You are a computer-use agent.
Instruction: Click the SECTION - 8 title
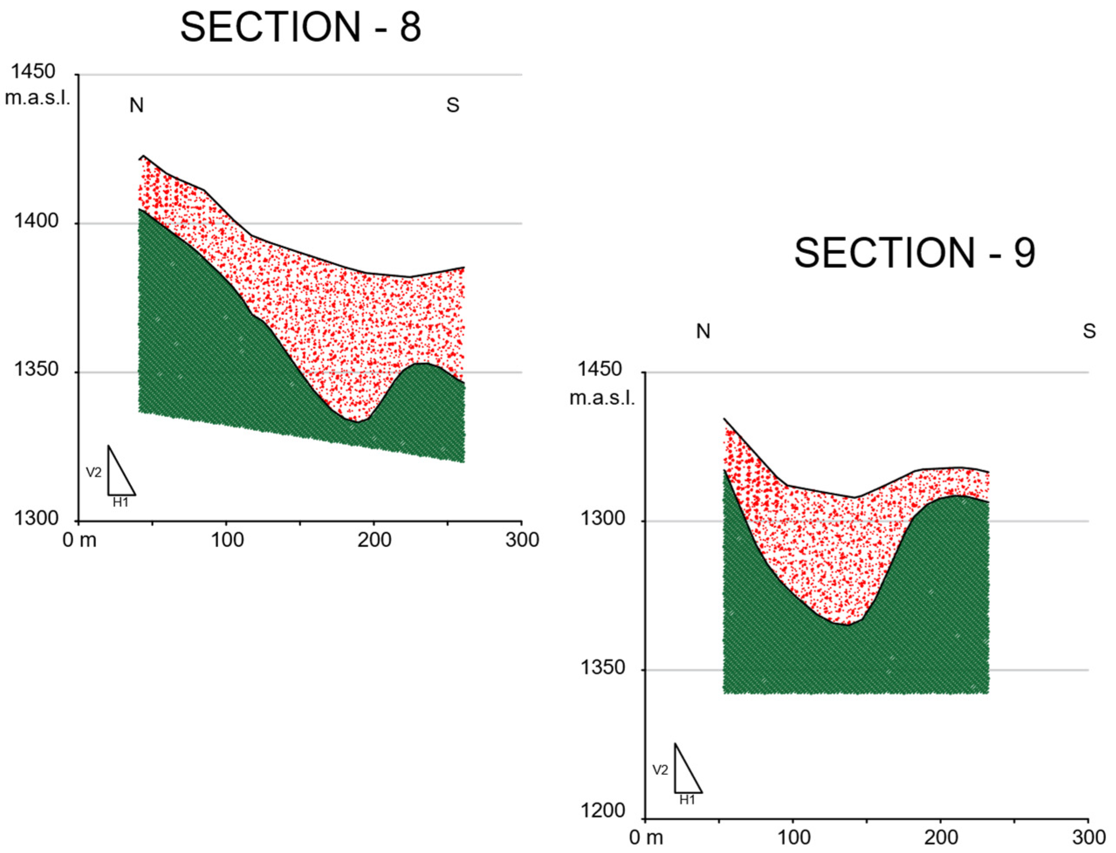click(x=301, y=27)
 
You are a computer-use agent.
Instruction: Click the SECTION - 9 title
click(x=914, y=254)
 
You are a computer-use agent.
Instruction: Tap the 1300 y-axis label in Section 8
click(x=35, y=518)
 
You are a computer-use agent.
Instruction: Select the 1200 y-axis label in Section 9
click(x=603, y=810)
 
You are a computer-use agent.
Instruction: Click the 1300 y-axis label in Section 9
click(x=603, y=519)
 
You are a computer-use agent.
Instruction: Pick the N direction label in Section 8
click(x=137, y=106)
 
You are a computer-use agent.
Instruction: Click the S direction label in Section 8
click(x=452, y=106)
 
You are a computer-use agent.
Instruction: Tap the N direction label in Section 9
click(x=703, y=332)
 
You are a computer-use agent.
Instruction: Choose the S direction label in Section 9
click(x=1089, y=332)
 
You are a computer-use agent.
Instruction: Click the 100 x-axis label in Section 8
click(x=227, y=540)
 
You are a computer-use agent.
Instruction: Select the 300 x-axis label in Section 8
click(x=522, y=540)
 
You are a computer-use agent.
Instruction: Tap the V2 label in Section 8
click(x=93, y=473)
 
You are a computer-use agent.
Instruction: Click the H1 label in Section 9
click(x=687, y=800)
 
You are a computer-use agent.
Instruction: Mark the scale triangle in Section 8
click(x=118, y=477)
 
